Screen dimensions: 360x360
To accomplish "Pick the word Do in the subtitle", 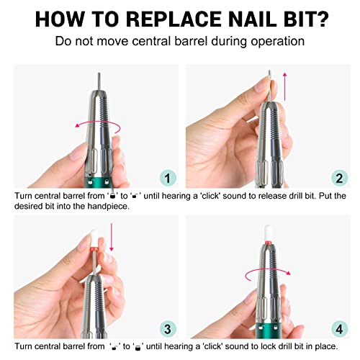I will [63, 40].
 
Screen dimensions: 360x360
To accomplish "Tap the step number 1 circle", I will [166, 177].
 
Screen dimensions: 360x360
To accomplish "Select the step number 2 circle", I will [338, 177].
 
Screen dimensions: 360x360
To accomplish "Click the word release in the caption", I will [263, 195].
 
